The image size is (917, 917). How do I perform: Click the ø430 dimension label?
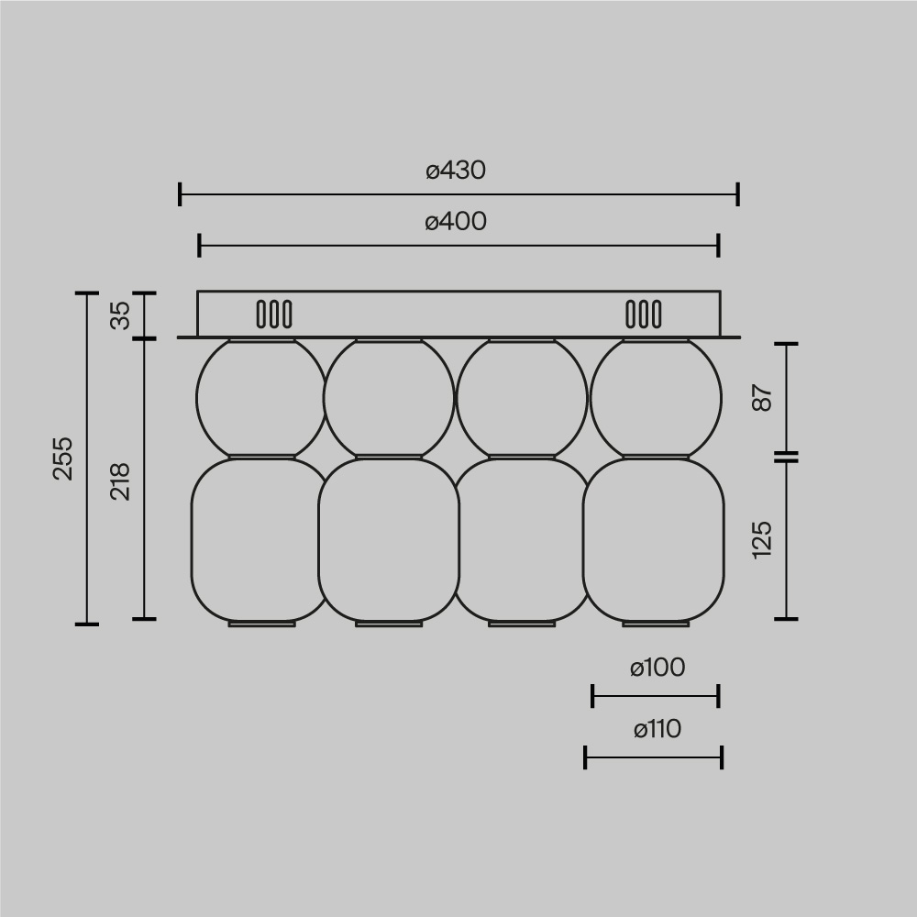[x=456, y=171]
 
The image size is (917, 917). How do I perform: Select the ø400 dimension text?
[x=456, y=222]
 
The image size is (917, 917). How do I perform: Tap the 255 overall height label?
[x=62, y=458]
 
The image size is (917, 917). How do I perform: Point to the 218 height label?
[x=121, y=481]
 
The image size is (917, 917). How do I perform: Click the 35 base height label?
[x=121, y=315]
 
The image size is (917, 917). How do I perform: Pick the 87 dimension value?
[x=763, y=398]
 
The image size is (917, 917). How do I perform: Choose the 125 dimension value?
[x=763, y=539]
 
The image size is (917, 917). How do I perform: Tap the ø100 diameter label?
[x=657, y=668]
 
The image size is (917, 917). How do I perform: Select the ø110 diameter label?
[x=657, y=730]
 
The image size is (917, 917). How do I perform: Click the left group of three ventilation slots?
[x=274, y=315]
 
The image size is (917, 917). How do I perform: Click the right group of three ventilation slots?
[x=643, y=315]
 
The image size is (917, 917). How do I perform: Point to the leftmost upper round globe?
[x=260, y=398]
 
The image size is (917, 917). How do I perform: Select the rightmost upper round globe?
[x=656, y=398]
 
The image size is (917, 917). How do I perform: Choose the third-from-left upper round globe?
[x=521, y=398]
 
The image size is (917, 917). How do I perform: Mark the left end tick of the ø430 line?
[x=181, y=194]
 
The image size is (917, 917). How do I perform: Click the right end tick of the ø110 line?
[x=722, y=757]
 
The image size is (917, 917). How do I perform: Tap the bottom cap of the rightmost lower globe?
[x=656, y=624]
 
